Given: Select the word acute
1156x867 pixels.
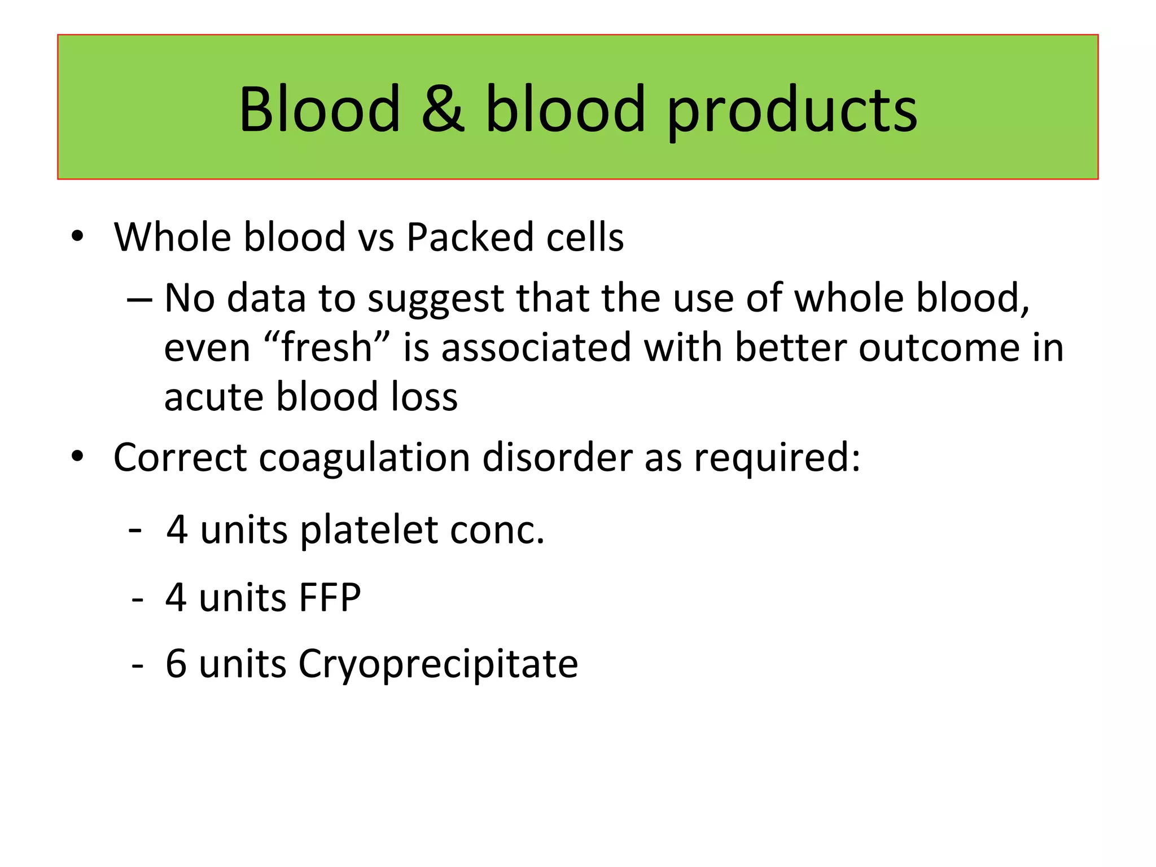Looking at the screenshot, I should (x=214, y=397).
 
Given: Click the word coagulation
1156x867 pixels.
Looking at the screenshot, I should (x=364, y=457).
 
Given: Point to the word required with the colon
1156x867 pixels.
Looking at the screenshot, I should (x=777, y=458).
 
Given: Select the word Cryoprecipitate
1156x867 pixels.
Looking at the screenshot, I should (x=438, y=664).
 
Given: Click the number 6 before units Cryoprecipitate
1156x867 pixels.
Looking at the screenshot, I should (x=176, y=664).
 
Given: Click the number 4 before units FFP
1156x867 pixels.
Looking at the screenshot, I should (x=176, y=598).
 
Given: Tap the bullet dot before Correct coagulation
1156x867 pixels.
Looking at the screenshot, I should (x=77, y=456).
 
